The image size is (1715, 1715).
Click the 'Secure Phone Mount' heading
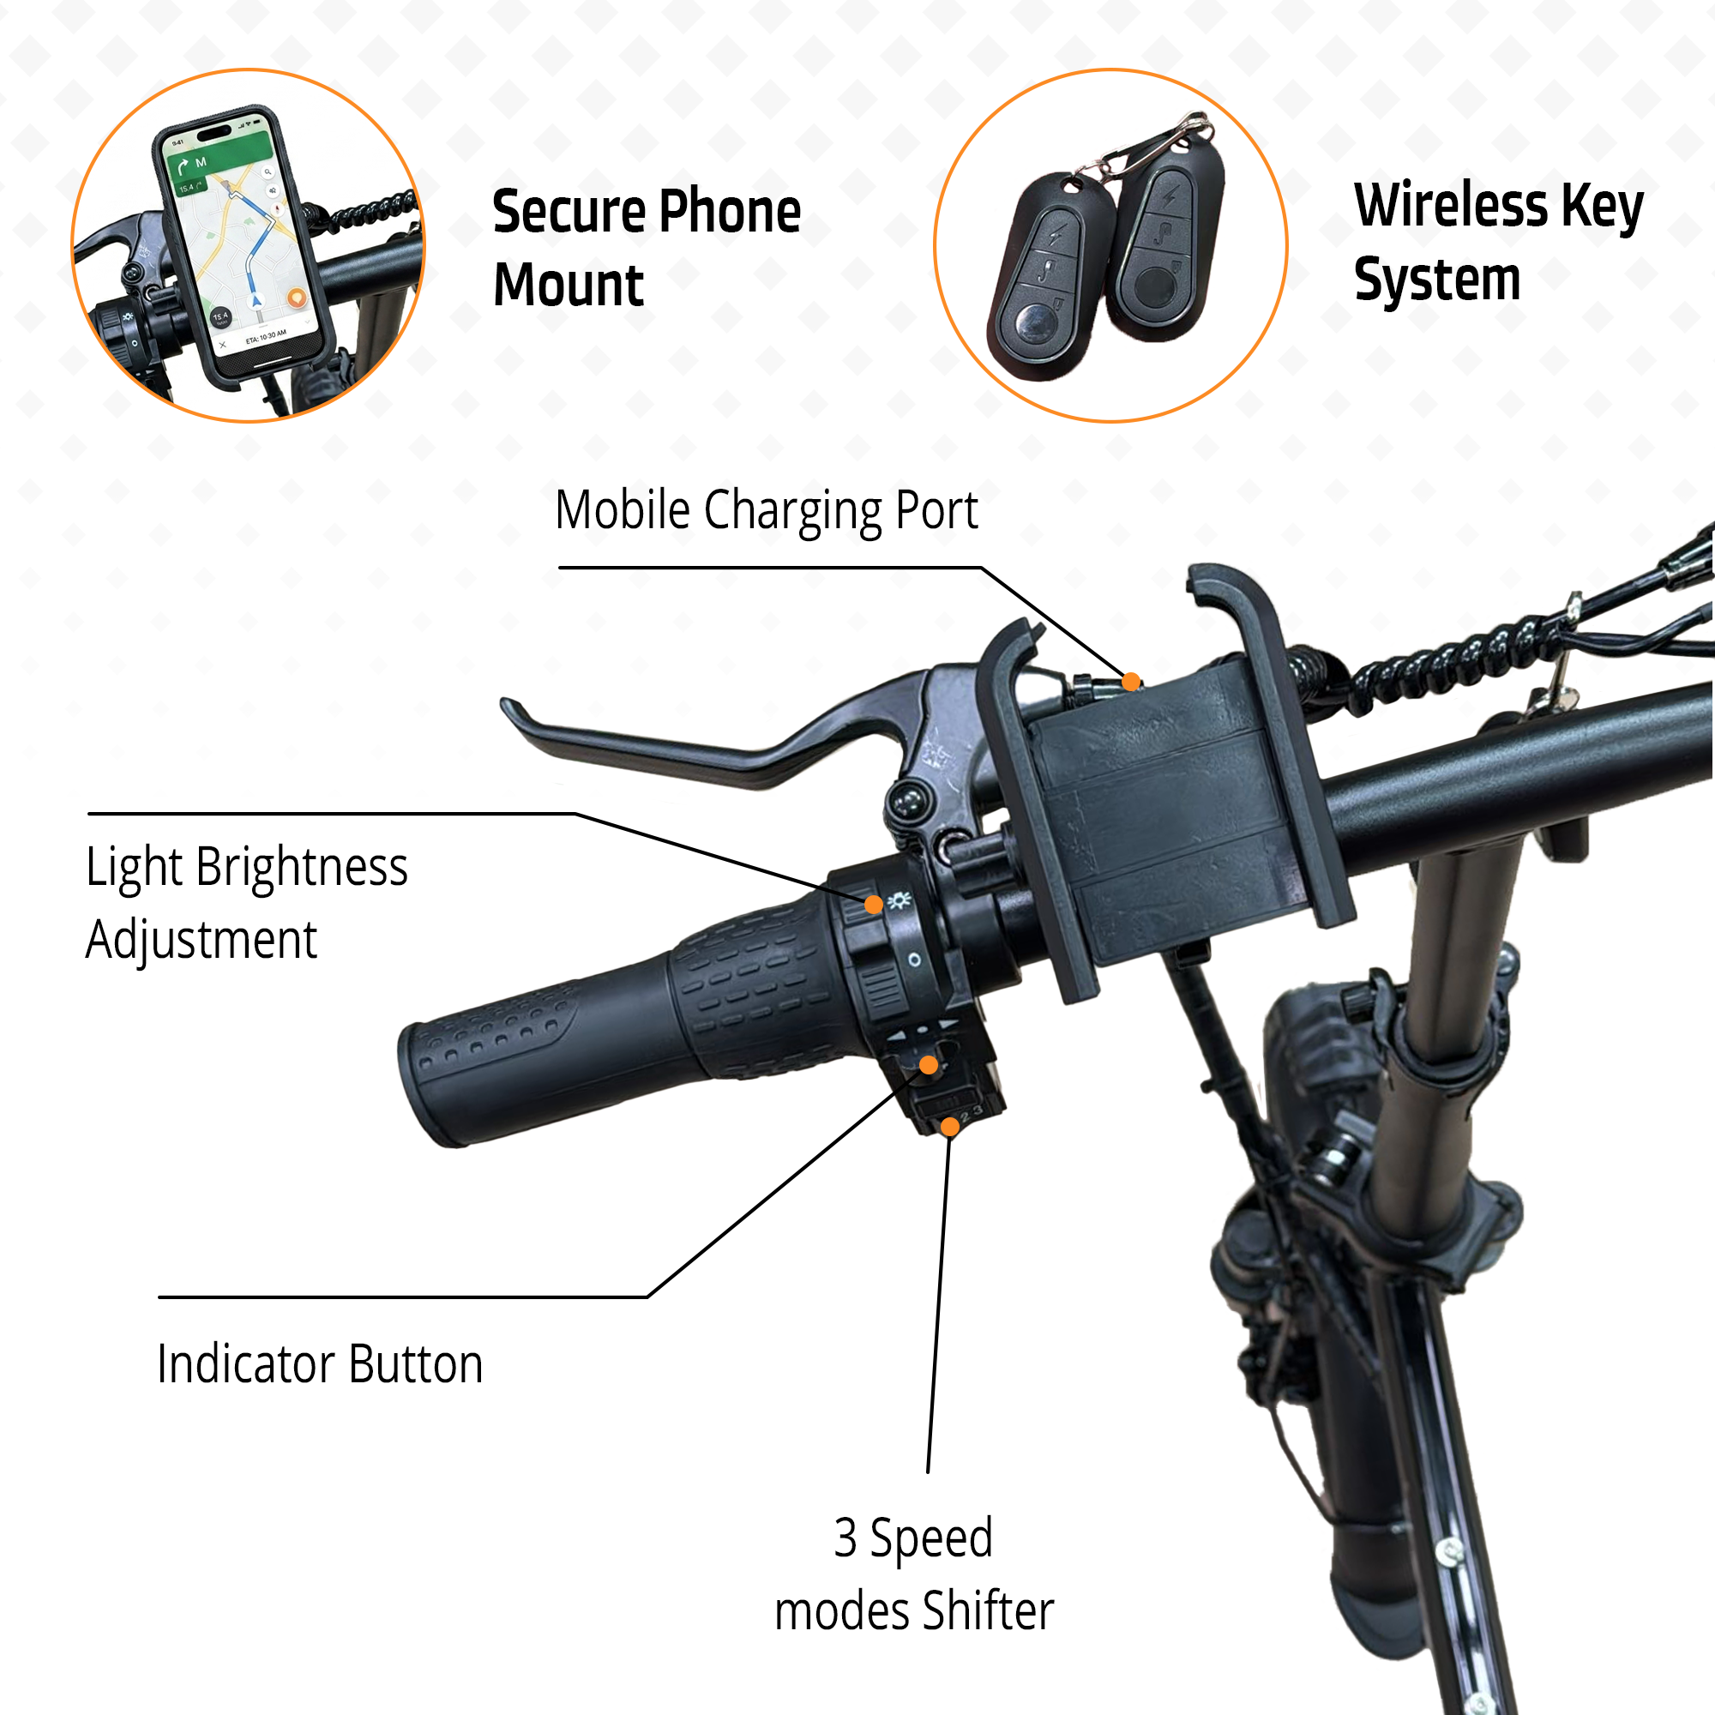(647, 248)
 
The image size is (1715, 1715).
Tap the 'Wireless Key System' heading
(1497, 242)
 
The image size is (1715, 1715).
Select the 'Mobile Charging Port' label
(766, 510)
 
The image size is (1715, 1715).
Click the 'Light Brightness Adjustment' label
(246, 903)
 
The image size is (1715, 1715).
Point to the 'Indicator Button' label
(320, 1364)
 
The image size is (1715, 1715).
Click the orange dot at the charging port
(1131, 682)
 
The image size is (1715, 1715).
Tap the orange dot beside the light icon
(874, 905)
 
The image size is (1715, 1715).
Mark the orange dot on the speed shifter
(950, 1128)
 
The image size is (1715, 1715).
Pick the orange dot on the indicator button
(929, 1065)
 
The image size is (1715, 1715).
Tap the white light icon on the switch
(900, 900)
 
